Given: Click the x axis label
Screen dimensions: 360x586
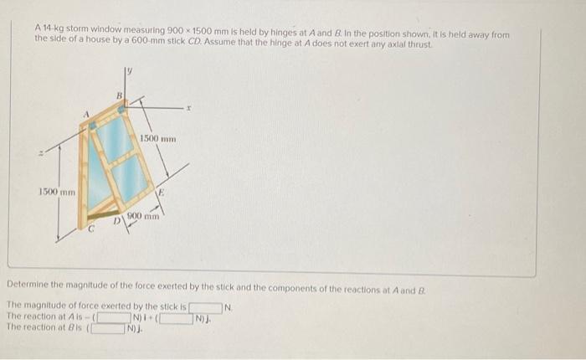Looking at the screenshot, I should pyautogui.click(x=190, y=109).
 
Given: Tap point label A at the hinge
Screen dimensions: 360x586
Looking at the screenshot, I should pyautogui.click(x=85, y=116).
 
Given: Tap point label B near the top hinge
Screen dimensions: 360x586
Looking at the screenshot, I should pyautogui.click(x=119, y=97).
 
